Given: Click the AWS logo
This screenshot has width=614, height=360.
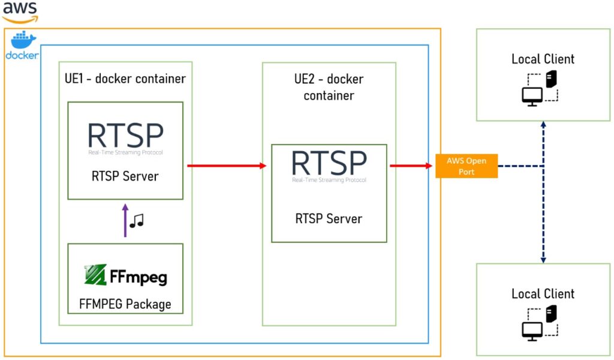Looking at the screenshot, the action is [20, 12].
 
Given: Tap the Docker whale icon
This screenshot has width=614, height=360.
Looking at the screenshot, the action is [23, 40].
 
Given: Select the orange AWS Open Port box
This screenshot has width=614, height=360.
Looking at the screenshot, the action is [466, 166].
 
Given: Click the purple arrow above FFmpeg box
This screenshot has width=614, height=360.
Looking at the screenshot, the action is [125, 221].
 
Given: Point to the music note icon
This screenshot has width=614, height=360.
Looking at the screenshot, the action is [137, 221].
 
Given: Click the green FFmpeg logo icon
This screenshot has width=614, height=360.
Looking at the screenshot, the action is [95, 274].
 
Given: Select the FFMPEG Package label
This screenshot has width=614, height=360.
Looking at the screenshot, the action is [125, 304].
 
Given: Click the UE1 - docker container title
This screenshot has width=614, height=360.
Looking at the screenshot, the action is [125, 79].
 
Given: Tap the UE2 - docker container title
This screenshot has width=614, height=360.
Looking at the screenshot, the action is [329, 87].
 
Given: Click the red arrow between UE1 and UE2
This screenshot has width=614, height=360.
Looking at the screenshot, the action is [227, 166].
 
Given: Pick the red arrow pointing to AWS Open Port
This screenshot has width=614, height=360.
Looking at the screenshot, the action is [411, 166].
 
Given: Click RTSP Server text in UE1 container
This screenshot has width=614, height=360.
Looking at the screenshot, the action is [125, 176].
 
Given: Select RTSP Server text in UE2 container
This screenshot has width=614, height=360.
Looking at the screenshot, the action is [329, 218].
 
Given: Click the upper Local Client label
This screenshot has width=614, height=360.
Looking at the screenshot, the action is [543, 59].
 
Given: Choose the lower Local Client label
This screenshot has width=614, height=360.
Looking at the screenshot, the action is [543, 293].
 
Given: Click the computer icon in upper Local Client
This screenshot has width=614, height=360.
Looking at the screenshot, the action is [540, 89].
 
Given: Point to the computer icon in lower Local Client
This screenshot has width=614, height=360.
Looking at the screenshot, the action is [540, 323].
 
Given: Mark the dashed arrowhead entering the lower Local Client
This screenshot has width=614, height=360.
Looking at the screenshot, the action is [543, 260].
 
